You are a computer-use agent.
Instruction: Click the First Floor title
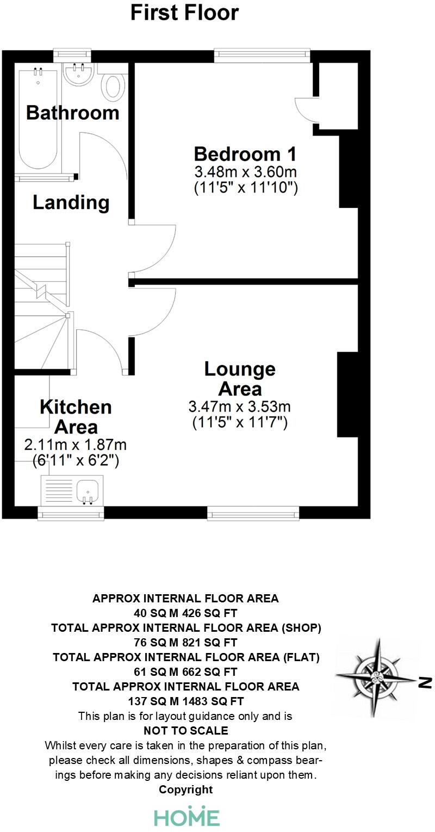(x=184, y=13)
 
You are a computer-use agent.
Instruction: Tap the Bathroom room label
(x=72, y=113)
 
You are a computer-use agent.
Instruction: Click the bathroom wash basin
(x=78, y=73)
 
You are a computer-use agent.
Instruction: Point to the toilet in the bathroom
(x=114, y=87)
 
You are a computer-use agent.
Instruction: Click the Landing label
(x=71, y=202)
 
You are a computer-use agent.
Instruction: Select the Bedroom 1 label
(x=245, y=153)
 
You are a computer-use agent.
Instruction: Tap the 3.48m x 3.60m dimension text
(x=245, y=172)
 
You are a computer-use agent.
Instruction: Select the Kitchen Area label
(x=76, y=416)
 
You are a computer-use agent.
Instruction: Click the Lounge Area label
(x=239, y=379)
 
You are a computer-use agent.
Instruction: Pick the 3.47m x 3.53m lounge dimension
(x=239, y=406)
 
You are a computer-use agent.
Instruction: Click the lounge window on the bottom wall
(x=253, y=512)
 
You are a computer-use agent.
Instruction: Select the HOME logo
(x=187, y=816)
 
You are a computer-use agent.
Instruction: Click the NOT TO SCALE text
(x=185, y=730)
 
